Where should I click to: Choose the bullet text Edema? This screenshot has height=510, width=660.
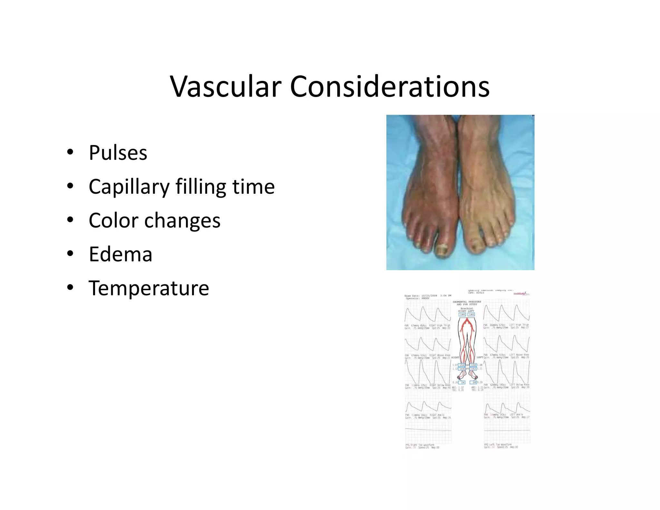(x=121, y=254)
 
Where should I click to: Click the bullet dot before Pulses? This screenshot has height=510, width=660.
(x=70, y=152)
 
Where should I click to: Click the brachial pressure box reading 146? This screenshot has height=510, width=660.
(x=462, y=314)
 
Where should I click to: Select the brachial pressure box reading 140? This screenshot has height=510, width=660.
(x=471, y=314)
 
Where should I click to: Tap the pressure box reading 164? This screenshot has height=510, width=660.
(x=462, y=368)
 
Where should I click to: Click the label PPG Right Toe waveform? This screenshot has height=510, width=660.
(x=420, y=445)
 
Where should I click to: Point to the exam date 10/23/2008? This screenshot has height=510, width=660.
(x=429, y=296)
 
